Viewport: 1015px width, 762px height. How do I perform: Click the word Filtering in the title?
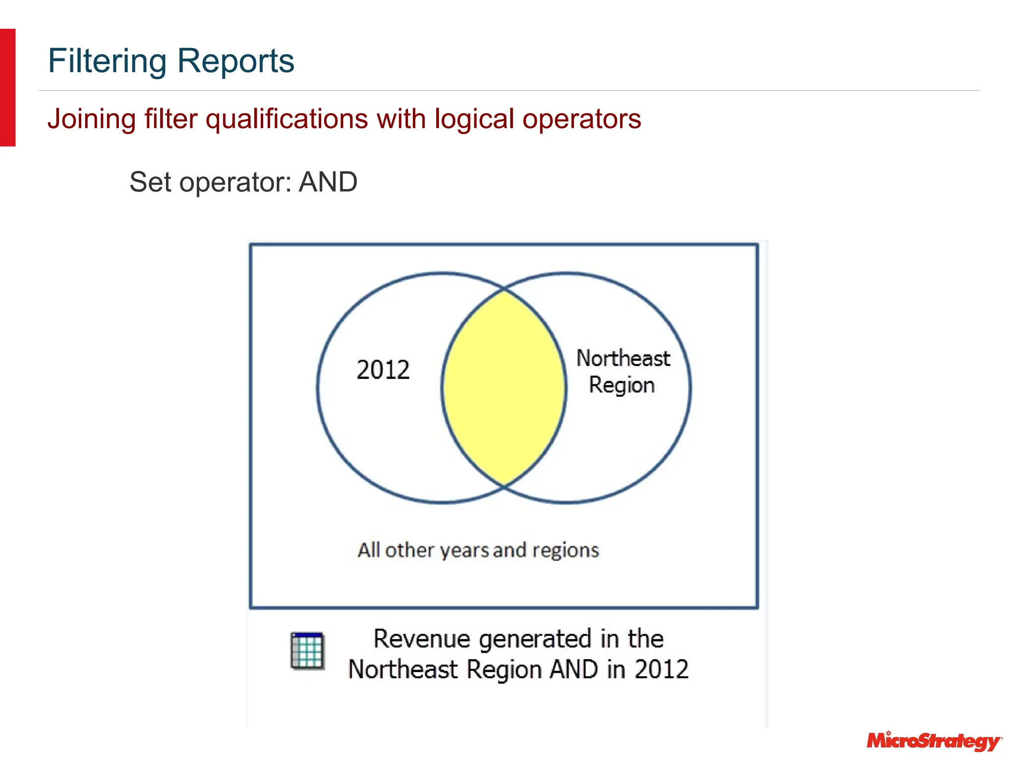(107, 61)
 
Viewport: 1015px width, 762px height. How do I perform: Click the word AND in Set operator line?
(328, 182)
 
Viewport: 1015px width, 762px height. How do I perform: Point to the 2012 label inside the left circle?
(383, 370)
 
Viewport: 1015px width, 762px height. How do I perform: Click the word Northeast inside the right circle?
(623, 358)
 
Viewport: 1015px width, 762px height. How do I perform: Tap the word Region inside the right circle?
(621, 385)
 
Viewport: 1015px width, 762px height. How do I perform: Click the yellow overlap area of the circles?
(504, 387)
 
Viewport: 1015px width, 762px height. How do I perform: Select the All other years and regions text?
(478, 550)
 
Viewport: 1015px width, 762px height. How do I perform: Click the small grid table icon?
(307, 651)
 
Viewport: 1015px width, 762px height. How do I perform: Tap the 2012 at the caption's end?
(662, 669)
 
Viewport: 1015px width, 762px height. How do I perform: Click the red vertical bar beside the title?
(7, 87)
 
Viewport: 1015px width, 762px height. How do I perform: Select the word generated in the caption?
(535, 639)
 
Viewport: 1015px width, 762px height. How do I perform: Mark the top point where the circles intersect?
(504, 288)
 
